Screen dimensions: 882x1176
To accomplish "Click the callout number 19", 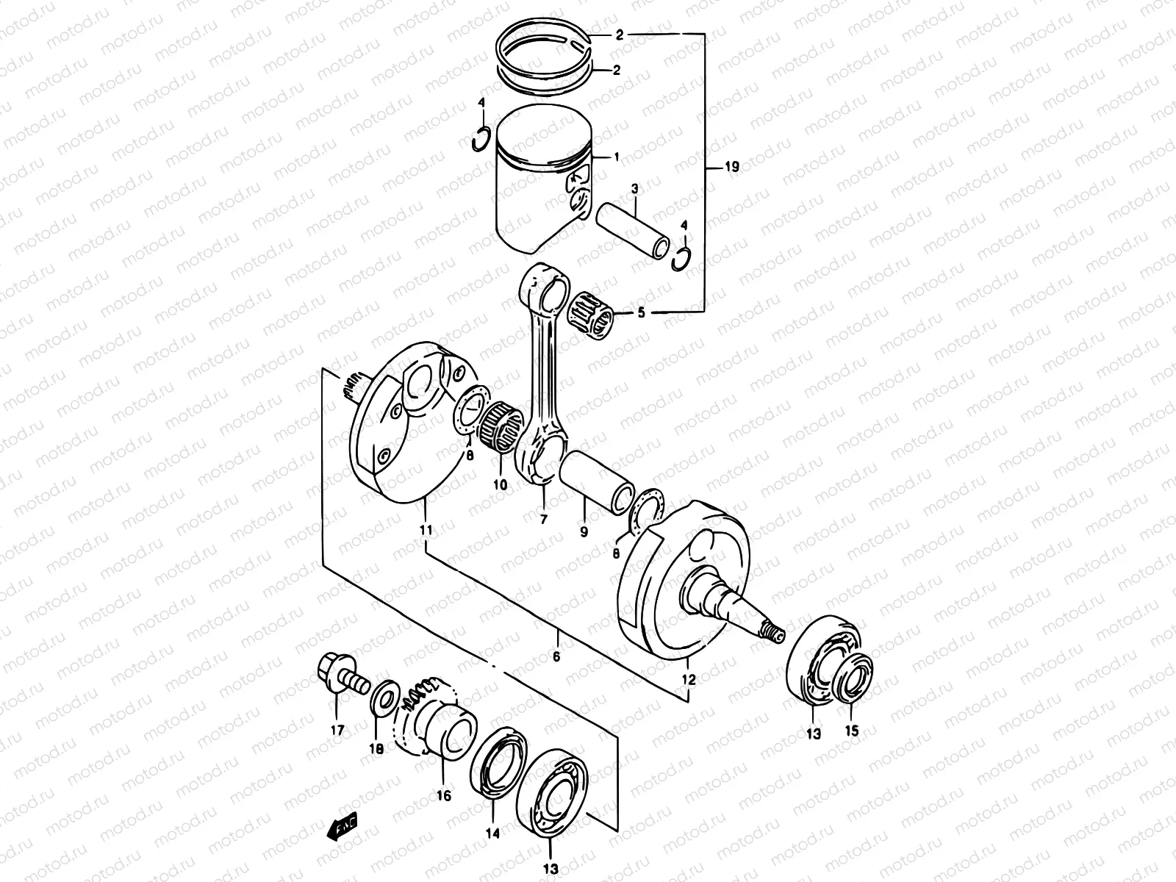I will [731, 168].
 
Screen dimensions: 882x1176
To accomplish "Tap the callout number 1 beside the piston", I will [616, 157].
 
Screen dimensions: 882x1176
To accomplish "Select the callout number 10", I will [500, 485].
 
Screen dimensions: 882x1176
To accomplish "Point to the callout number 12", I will [689, 681].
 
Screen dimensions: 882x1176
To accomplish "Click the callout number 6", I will [556, 656].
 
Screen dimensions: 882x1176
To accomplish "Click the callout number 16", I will [444, 796].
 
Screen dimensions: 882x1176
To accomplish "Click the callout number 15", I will [852, 731].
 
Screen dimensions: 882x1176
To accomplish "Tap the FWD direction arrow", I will [341, 829].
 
